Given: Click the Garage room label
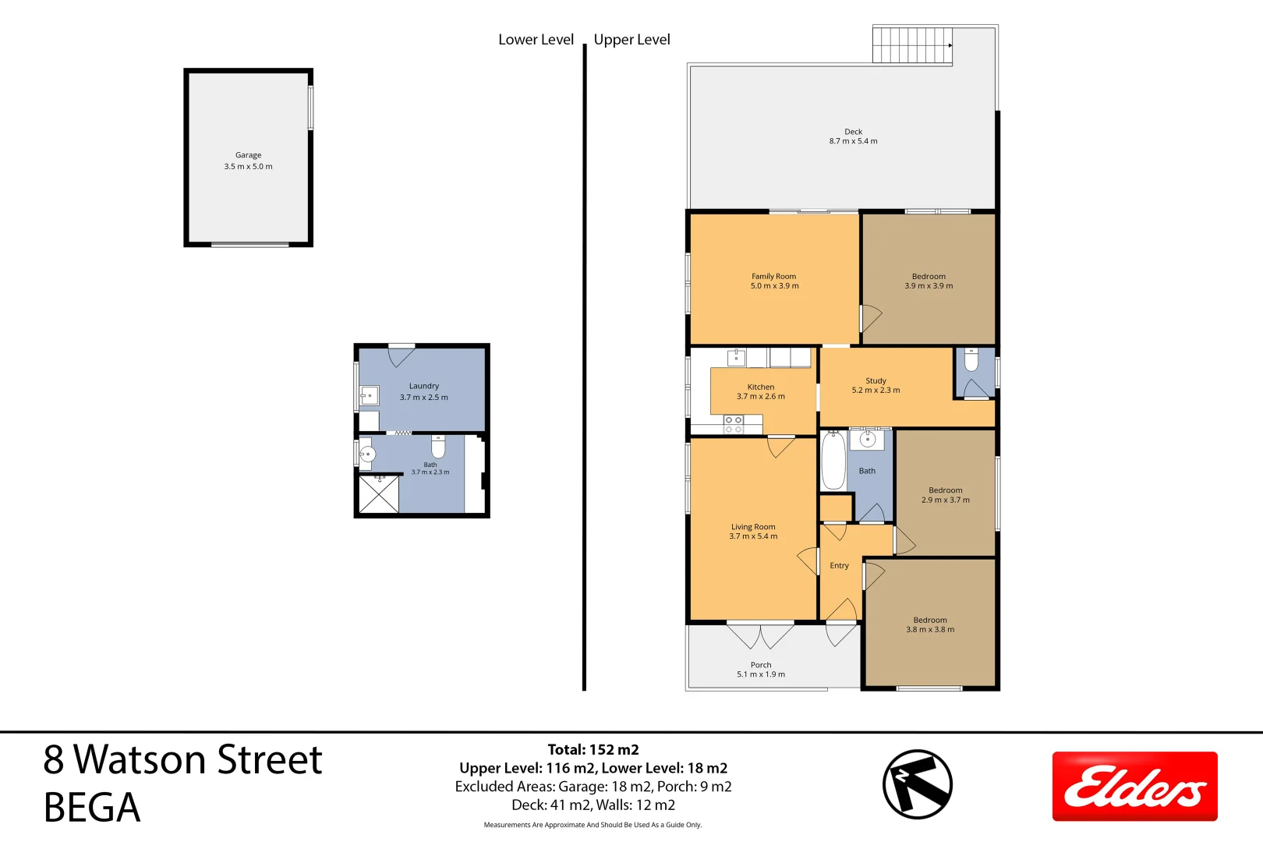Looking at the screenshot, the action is point(248,155).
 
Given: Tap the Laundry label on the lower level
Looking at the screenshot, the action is point(424,387).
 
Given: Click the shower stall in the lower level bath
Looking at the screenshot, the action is point(379,494).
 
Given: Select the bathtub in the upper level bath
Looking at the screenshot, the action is point(833,461).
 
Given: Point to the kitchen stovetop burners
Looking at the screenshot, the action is point(734,425).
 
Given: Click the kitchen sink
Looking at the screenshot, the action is point(737,358).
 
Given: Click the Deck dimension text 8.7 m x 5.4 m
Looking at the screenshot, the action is point(853,141).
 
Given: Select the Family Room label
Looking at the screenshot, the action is point(773,276).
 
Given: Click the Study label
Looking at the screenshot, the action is point(876,380).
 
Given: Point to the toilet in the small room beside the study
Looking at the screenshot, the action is point(971,359).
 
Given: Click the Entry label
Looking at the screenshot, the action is point(839,566).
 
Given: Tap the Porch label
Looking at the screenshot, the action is point(761,665).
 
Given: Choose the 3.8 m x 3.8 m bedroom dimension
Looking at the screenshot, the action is point(930,629).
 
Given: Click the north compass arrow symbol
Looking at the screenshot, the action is point(918,784).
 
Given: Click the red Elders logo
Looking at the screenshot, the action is point(1134,786).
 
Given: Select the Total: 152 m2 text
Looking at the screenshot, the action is point(593,749).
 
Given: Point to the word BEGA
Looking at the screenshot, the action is point(91,808).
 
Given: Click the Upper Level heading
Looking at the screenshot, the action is point(631,40).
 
